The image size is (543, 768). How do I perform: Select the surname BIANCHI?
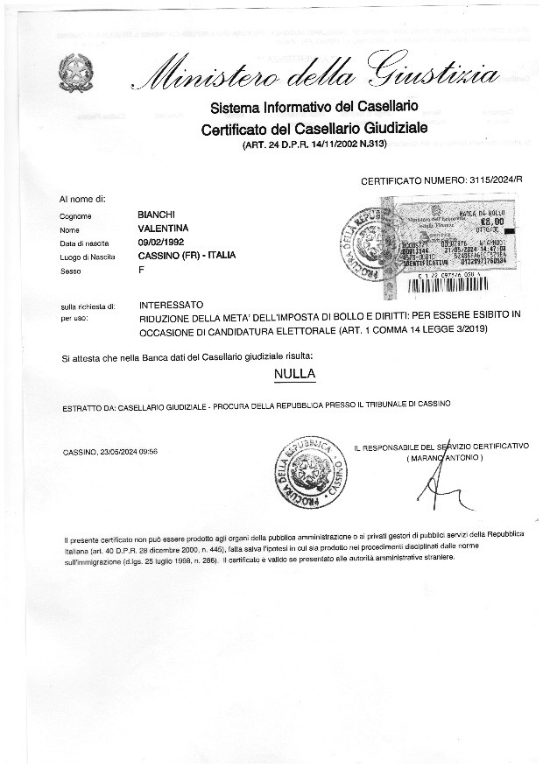[x=157, y=215]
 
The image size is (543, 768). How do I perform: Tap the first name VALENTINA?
[x=164, y=228]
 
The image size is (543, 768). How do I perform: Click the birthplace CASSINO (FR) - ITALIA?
[x=187, y=256]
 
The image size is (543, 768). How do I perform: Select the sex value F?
[x=141, y=270]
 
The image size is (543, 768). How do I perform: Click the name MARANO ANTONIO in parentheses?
[x=444, y=458]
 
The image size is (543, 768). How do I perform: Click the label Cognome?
[x=76, y=215]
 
